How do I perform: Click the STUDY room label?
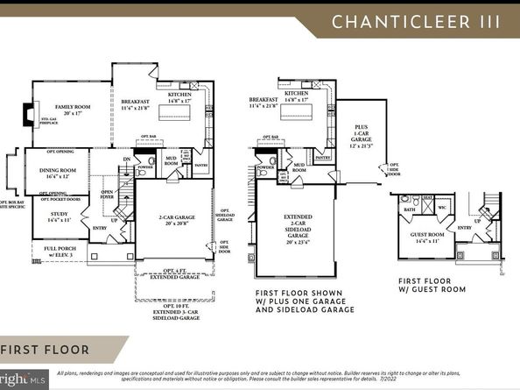tap(58, 216)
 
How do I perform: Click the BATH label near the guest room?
tap(409, 210)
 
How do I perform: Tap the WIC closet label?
tap(443, 209)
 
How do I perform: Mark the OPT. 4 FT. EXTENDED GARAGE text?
tap(175, 274)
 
